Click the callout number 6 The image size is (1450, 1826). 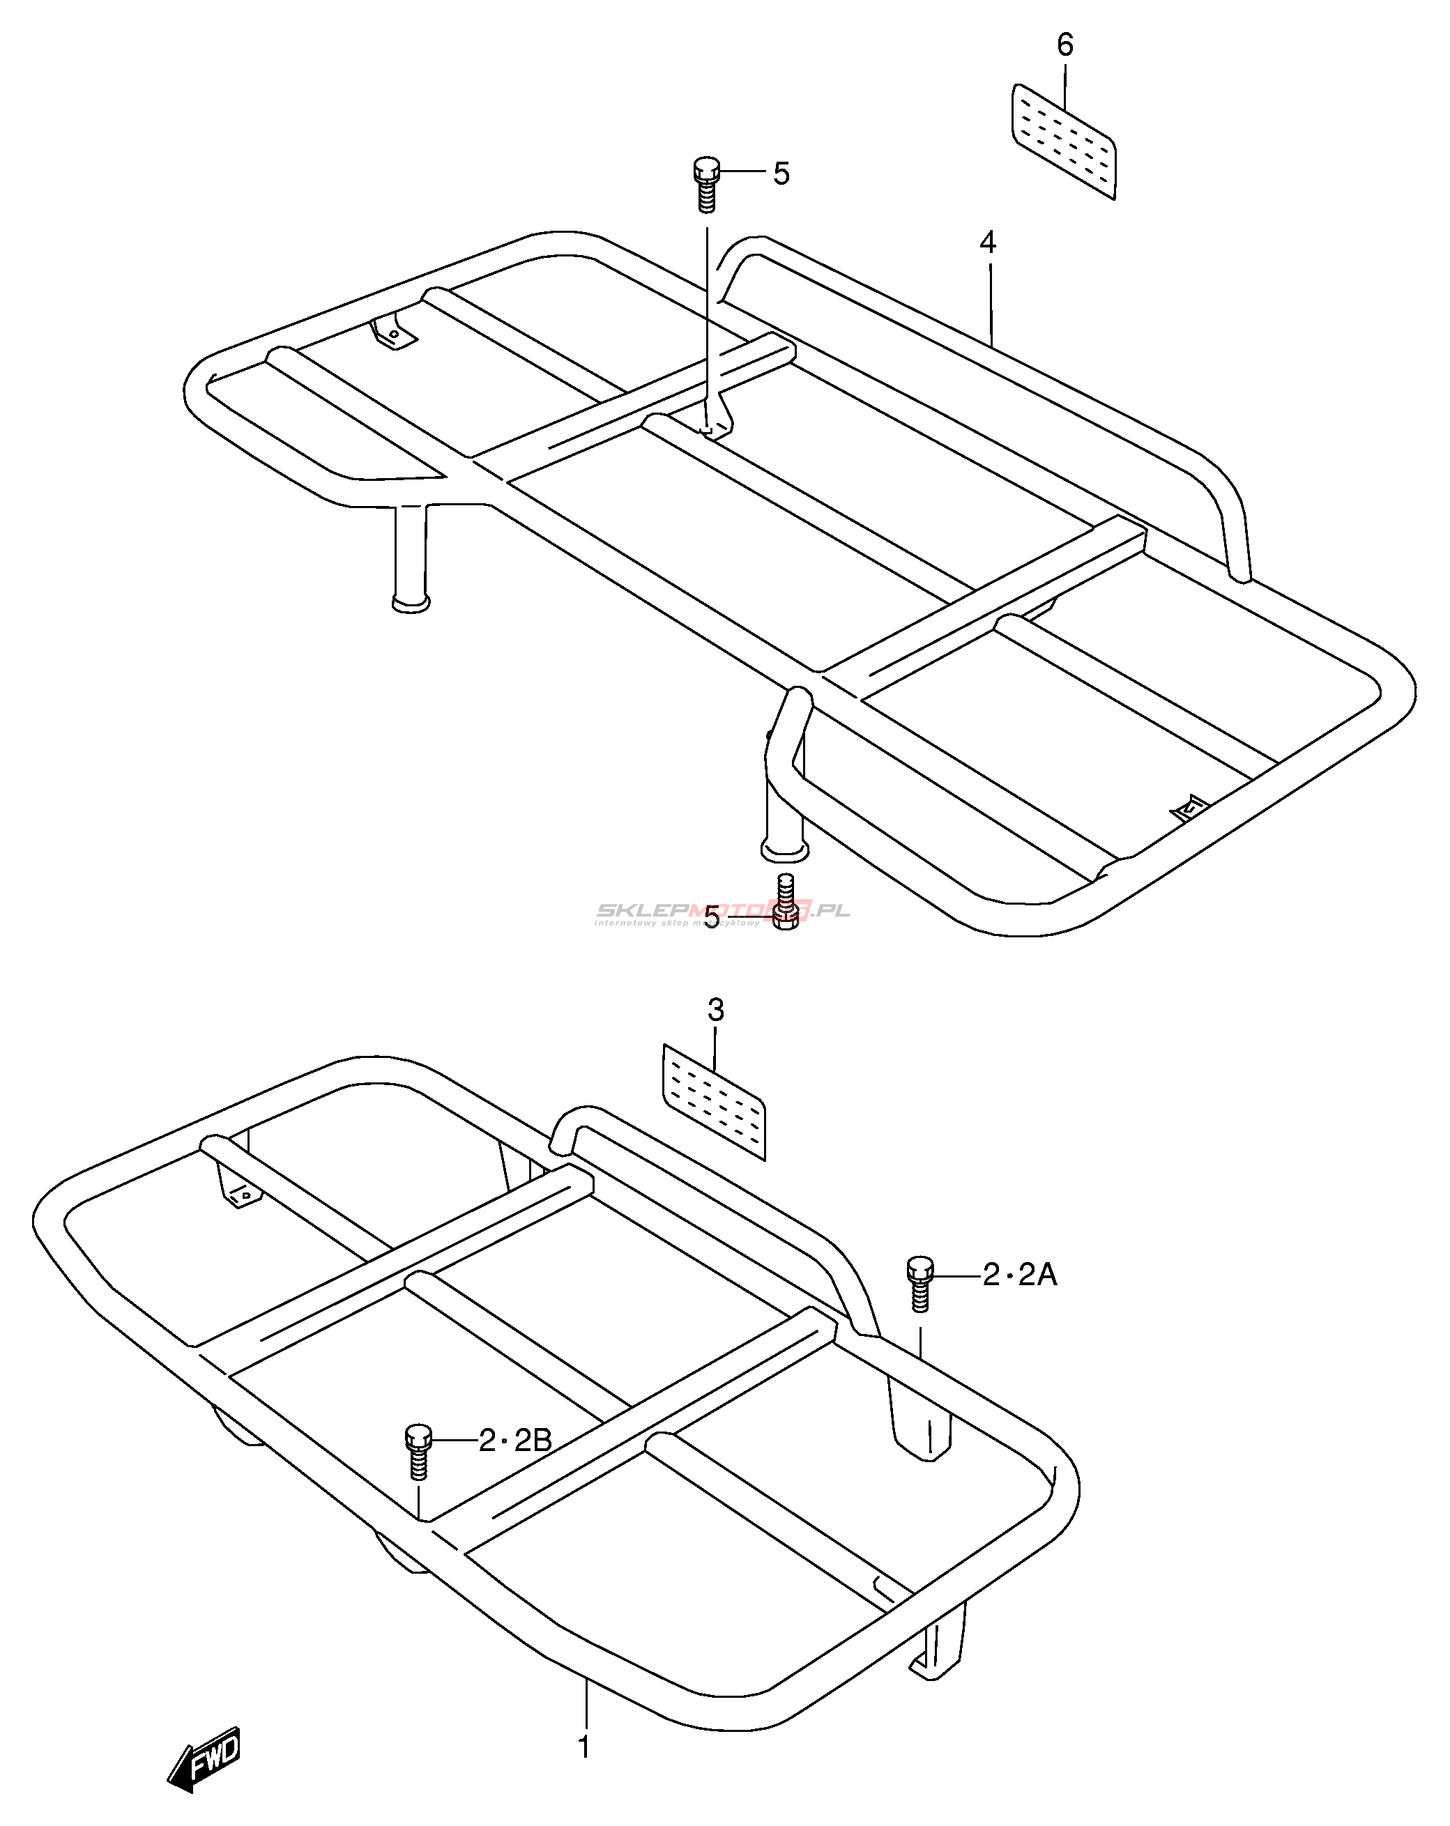point(1064,45)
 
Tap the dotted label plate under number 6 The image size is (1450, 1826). point(1064,141)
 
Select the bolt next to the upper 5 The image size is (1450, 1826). point(706,184)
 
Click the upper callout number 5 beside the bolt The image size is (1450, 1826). point(781,174)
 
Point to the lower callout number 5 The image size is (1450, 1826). point(712,917)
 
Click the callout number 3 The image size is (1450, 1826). point(716,1011)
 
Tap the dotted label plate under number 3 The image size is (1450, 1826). point(714,1101)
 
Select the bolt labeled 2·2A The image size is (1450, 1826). point(919,1282)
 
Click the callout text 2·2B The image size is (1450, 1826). point(515,1440)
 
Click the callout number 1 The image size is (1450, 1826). point(583,1747)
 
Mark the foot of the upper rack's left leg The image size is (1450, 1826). point(411,602)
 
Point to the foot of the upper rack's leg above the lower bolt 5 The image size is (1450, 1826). point(784,849)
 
